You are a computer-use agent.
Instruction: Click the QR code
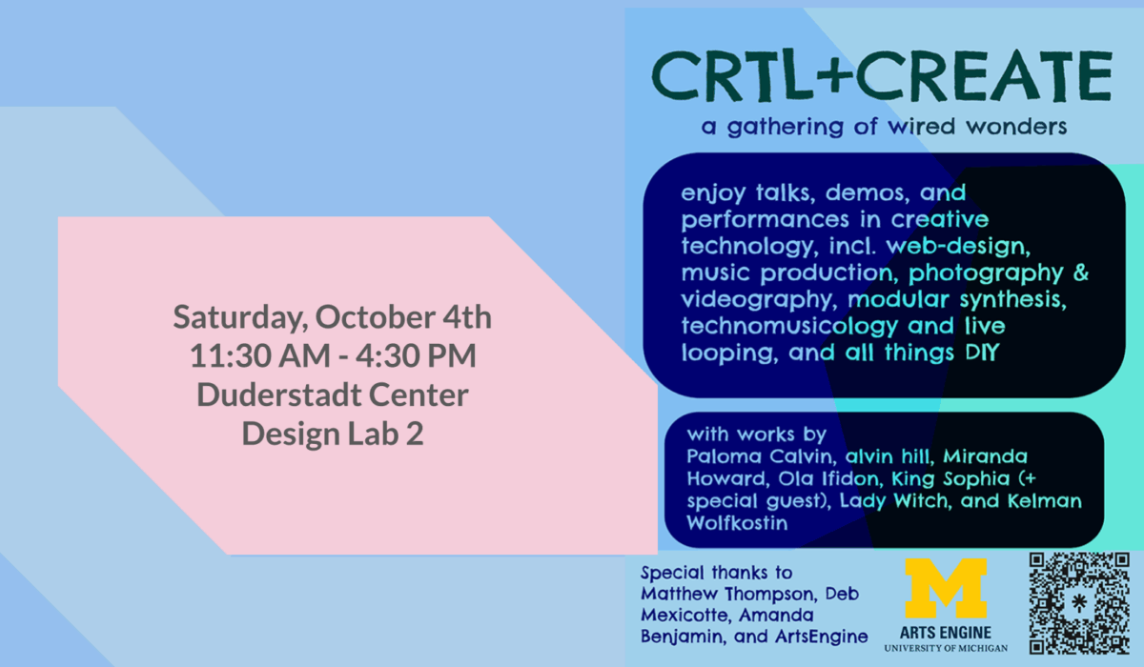click(x=1078, y=603)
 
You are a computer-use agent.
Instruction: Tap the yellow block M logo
click(x=946, y=588)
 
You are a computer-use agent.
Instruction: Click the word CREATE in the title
click(x=984, y=76)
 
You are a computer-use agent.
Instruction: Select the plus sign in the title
click(x=833, y=76)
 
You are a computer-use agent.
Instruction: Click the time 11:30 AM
click(x=260, y=355)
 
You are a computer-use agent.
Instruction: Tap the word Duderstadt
click(x=278, y=394)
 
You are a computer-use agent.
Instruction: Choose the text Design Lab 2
click(x=333, y=434)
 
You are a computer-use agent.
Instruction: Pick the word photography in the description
click(x=985, y=274)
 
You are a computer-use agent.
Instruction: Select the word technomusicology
click(x=789, y=327)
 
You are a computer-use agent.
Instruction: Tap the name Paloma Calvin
click(x=761, y=456)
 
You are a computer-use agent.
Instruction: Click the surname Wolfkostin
click(x=737, y=523)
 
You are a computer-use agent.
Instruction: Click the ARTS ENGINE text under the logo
click(x=946, y=634)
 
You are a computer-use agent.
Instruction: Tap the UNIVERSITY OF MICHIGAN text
click(x=946, y=649)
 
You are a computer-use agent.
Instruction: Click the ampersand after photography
click(x=1080, y=272)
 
